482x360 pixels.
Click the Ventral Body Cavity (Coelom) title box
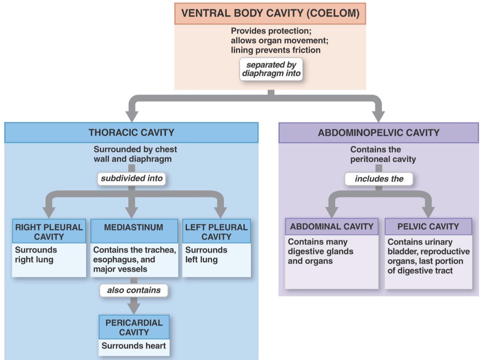270,14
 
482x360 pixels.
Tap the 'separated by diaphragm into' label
271,69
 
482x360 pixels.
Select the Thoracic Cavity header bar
131,132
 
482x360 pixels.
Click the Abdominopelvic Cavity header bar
378,132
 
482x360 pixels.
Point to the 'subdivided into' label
131,179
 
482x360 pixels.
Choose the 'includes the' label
379,179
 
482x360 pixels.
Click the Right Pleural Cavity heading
49,232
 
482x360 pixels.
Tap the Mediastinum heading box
134,227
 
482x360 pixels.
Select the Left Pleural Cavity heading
216,232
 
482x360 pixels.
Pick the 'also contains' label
134,290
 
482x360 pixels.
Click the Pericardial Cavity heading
134,327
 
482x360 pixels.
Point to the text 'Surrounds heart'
134,346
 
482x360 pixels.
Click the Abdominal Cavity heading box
331,226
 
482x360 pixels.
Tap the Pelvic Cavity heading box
428,226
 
